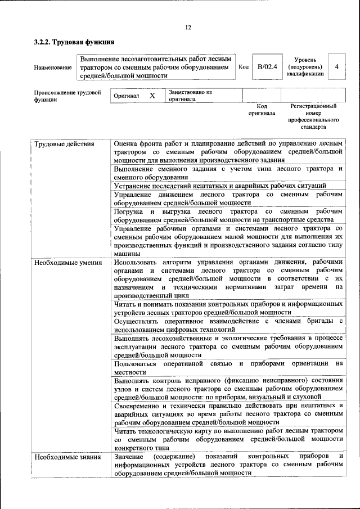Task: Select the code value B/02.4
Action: tap(267, 67)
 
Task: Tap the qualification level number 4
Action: tap(336, 67)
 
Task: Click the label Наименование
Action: tap(53, 67)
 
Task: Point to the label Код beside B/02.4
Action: tap(244, 67)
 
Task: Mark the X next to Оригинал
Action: tap(152, 96)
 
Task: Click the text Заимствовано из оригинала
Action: tap(190, 95)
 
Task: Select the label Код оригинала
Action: tap(262, 109)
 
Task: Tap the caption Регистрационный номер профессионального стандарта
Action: tap(313, 116)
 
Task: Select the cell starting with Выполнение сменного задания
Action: tap(228, 173)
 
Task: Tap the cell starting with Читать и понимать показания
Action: tap(228, 308)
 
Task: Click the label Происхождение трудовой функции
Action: tap(67, 96)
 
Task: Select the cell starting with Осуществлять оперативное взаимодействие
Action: tap(228, 325)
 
